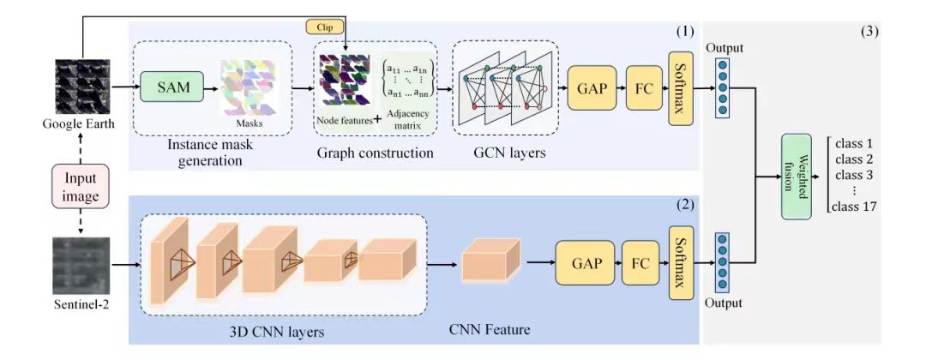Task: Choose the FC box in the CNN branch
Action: click(638, 256)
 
